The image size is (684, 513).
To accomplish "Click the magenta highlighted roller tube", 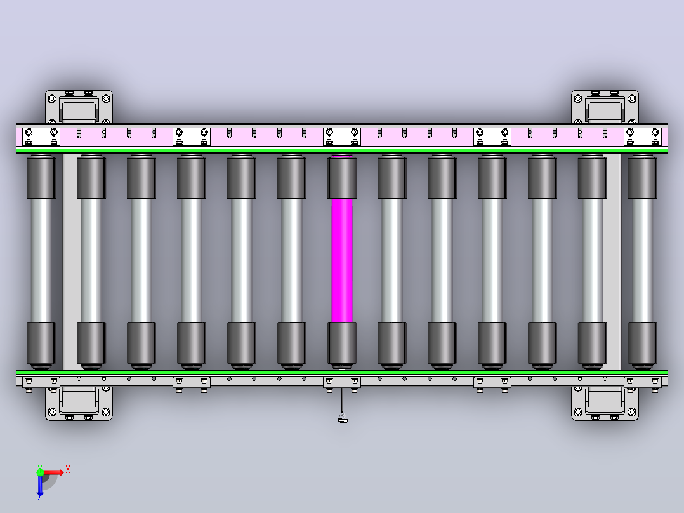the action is point(342,261).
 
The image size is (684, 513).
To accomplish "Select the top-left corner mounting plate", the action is point(79,107).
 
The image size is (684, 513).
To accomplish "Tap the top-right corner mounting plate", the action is point(605,107).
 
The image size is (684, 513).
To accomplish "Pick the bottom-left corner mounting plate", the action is point(79,403).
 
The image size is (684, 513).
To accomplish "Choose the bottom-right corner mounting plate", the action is point(605,403).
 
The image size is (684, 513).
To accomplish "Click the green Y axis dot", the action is point(40,472).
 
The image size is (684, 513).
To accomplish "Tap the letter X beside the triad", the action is point(68,470).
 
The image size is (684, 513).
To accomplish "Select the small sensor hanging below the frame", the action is point(343,420).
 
